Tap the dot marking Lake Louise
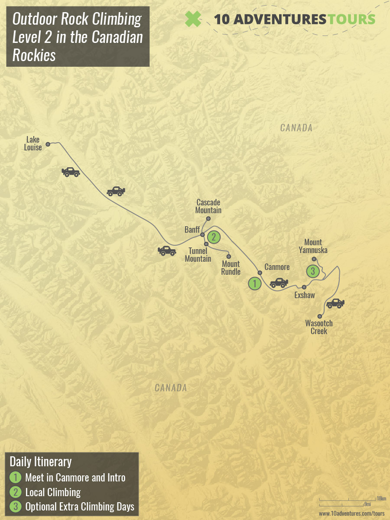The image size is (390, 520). coord(48,143)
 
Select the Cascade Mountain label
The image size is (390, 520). coord(208,206)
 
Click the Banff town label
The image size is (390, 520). coord(192,230)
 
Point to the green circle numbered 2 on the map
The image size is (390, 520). coord(213,237)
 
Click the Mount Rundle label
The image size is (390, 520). coord(231,267)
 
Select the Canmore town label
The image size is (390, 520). coord(277,267)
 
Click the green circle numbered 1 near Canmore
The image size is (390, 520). coord(254,284)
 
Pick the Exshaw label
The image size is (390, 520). coord(305,295)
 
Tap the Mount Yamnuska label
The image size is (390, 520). coord(315,246)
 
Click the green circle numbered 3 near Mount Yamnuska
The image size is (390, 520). coord(313,272)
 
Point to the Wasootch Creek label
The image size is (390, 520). coord(319,327)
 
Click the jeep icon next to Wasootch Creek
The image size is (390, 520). coord(335,303)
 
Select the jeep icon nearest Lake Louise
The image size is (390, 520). coord(71,172)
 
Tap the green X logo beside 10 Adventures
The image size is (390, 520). coord(193,19)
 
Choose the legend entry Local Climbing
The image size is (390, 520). coord(53,492)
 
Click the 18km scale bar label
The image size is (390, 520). coord(381,499)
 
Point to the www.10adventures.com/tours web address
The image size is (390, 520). coord(351,513)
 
